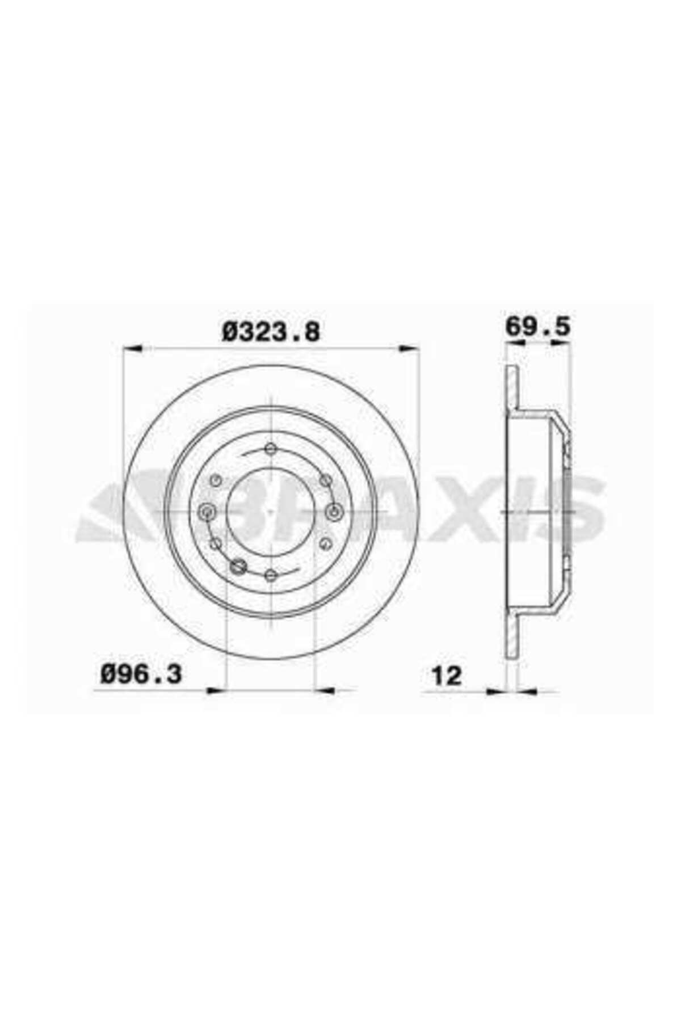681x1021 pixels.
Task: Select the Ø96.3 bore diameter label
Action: click(x=141, y=675)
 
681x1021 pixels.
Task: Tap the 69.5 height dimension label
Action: click(x=537, y=327)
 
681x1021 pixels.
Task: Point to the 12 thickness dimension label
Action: click(x=447, y=676)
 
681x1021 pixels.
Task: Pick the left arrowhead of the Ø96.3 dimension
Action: click(x=217, y=690)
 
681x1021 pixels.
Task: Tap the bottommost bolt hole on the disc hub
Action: click(x=271, y=576)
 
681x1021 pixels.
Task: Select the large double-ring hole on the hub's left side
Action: click(x=207, y=512)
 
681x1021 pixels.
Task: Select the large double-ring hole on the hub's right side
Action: click(x=335, y=512)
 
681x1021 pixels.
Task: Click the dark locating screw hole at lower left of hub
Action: click(x=239, y=564)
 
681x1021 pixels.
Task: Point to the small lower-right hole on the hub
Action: click(x=326, y=545)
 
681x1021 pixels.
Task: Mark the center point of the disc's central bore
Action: click(x=271, y=512)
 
